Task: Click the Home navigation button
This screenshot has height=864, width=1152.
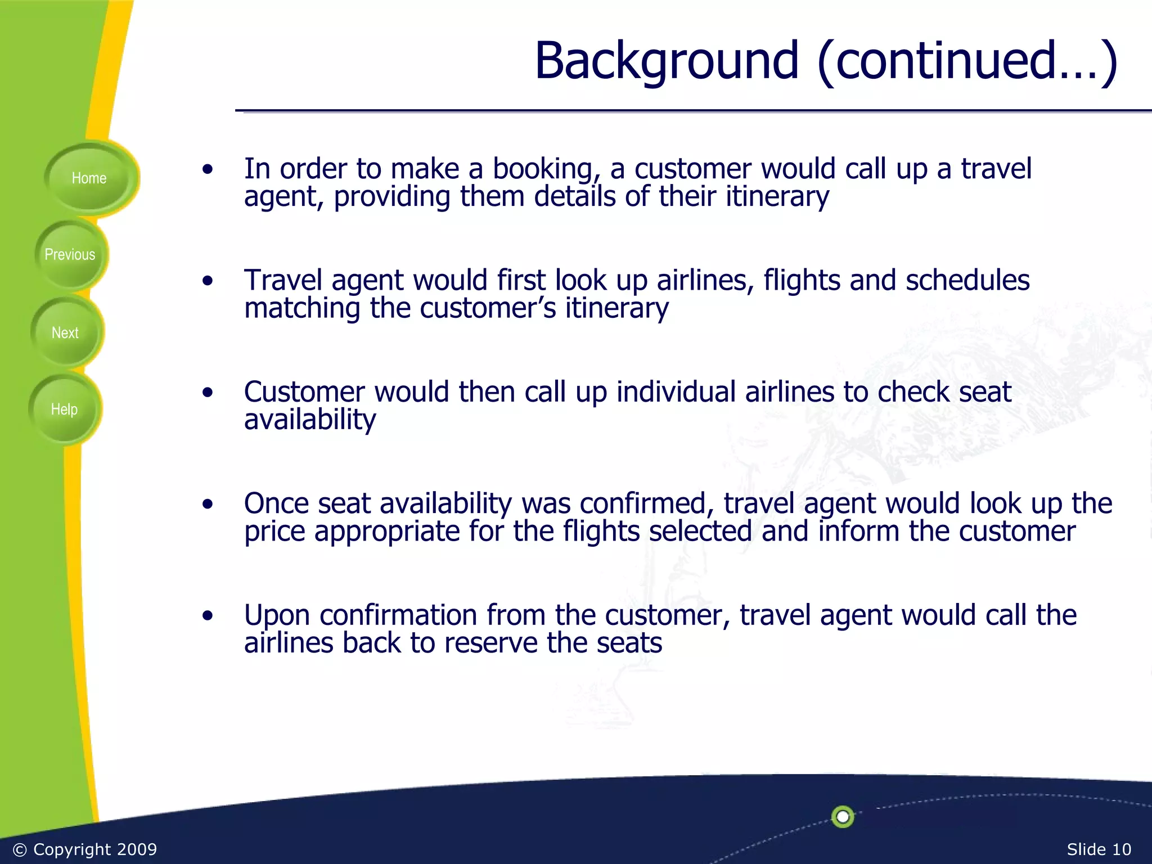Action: click(x=89, y=178)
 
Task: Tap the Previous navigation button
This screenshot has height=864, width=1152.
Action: click(x=70, y=255)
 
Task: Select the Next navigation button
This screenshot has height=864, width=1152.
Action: click(x=65, y=333)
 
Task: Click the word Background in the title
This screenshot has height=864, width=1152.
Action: click(x=666, y=61)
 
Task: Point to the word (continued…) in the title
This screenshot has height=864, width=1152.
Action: click(x=967, y=61)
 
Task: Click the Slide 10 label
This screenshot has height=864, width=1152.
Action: click(x=1099, y=849)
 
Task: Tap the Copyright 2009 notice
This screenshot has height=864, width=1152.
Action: click(x=85, y=849)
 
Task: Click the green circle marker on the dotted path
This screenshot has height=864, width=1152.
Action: click(x=843, y=817)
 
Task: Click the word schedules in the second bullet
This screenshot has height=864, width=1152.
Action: click(x=967, y=280)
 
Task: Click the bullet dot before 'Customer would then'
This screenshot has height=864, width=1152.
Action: click(x=208, y=392)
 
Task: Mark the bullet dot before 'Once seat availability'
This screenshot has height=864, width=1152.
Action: click(x=208, y=504)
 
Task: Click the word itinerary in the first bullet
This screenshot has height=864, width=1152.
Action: click(x=777, y=197)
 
